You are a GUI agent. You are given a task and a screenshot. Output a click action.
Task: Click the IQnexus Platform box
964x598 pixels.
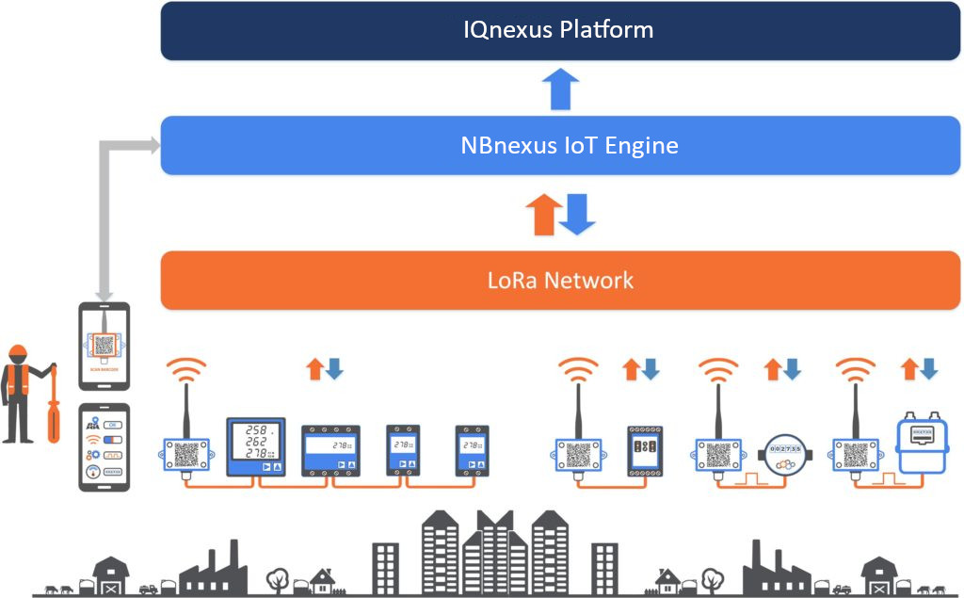559,30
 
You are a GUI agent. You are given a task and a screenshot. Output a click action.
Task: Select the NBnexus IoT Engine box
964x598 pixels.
559,146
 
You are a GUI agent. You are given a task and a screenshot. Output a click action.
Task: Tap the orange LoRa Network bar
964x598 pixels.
559,280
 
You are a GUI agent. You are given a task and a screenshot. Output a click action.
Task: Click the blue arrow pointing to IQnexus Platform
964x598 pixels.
559,90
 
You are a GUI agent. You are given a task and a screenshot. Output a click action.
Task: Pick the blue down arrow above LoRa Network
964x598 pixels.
577,215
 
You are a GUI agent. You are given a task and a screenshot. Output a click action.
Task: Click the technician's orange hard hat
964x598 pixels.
17,354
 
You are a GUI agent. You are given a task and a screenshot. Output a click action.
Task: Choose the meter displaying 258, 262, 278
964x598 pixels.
255,446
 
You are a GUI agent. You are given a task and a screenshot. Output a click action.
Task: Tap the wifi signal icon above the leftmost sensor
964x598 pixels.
186,370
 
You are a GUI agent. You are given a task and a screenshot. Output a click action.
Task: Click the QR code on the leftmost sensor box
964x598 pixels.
186,454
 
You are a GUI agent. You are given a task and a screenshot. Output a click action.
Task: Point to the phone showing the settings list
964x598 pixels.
104,446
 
